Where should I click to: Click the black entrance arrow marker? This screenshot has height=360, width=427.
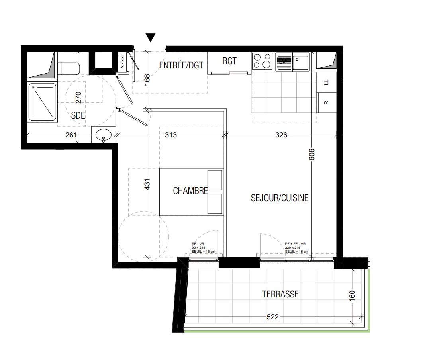coord(150,38)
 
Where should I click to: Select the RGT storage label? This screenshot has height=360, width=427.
coord(229,61)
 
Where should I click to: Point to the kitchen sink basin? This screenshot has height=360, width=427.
coord(301,62)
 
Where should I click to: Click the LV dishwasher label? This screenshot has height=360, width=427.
coord(283,62)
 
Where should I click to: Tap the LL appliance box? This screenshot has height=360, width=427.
coord(327,82)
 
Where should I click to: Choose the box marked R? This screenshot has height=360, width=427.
coord(327,102)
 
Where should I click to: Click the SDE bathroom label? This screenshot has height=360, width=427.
coord(78,116)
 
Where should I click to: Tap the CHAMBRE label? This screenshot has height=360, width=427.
coord(190,191)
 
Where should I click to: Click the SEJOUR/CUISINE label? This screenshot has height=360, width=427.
coord(279,198)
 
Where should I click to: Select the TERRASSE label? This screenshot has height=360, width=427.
coord(280,294)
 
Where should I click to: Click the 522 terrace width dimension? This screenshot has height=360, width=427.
coord(272,317)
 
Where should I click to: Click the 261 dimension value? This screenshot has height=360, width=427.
coord(71,135)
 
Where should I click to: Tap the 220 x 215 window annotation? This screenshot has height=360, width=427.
coord(293,247)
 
